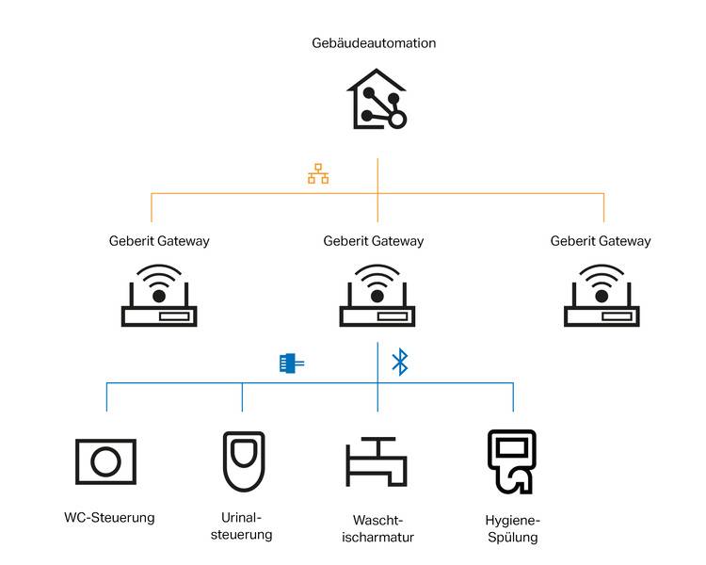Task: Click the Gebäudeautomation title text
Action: pyautogui.click(x=374, y=43)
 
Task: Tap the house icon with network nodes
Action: pyautogui.click(x=377, y=100)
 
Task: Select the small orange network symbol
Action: pyautogui.click(x=318, y=174)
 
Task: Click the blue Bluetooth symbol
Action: pyautogui.click(x=399, y=362)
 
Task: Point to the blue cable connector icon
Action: pyautogui.click(x=291, y=363)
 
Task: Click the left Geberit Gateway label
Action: pyautogui.click(x=159, y=241)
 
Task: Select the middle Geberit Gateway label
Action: pyautogui.click(x=374, y=241)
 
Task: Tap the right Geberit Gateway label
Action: pyautogui.click(x=601, y=241)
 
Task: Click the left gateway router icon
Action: pyautogui.click(x=159, y=296)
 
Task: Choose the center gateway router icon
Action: pyautogui.click(x=377, y=296)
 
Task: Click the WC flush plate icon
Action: pyautogui.click(x=105, y=461)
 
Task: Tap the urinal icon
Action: pyautogui.click(x=243, y=461)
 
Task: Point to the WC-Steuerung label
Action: pyautogui.click(x=109, y=518)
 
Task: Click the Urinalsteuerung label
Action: pyautogui.click(x=243, y=526)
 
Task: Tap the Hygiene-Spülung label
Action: pyautogui.click(x=513, y=528)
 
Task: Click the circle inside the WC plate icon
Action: pyautogui.click(x=105, y=461)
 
